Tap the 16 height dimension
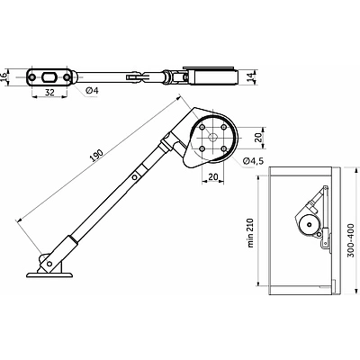[x=5, y=76]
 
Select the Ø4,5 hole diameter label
[x=256, y=160]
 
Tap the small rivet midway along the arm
[x=135, y=179]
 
